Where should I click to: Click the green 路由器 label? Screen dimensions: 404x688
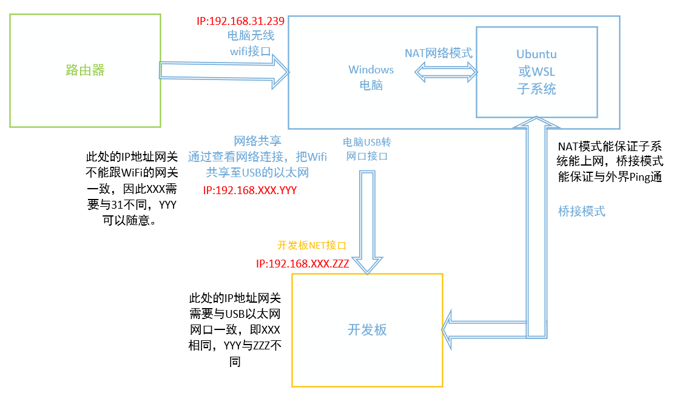[85, 70]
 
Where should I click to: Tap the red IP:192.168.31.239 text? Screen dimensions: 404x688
[240, 21]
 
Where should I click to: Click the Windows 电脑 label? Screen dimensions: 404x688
[371, 78]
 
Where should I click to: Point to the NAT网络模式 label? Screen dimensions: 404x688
[439, 53]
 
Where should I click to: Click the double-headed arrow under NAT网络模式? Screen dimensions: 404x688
[446, 73]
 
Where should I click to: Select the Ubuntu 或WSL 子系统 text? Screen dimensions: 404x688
[536, 72]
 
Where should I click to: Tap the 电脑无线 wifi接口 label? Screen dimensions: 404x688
[249, 43]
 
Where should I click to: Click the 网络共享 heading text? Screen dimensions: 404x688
[258, 141]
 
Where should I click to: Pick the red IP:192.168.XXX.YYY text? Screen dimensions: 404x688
[250, 190]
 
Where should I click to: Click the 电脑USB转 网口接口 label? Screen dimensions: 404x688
[367, 149]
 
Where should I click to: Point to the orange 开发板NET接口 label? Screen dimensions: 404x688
[311, 246]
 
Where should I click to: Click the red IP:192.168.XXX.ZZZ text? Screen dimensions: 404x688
[302, 264]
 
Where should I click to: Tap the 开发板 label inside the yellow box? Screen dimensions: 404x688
[367, 329]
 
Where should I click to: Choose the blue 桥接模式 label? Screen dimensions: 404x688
[581, 212]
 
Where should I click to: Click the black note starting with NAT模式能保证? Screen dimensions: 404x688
[610, 162]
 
